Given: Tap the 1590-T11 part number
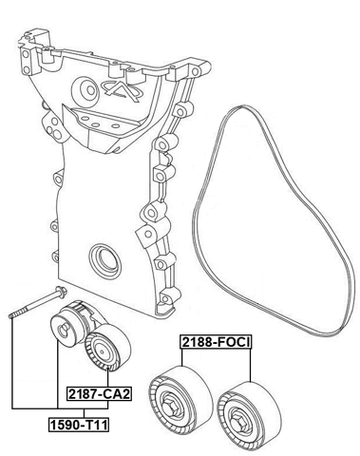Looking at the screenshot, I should [x=79, y=425].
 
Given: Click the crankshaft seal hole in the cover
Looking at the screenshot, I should [x=102, y=258].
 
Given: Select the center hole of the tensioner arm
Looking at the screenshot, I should [x=62, y=331].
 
